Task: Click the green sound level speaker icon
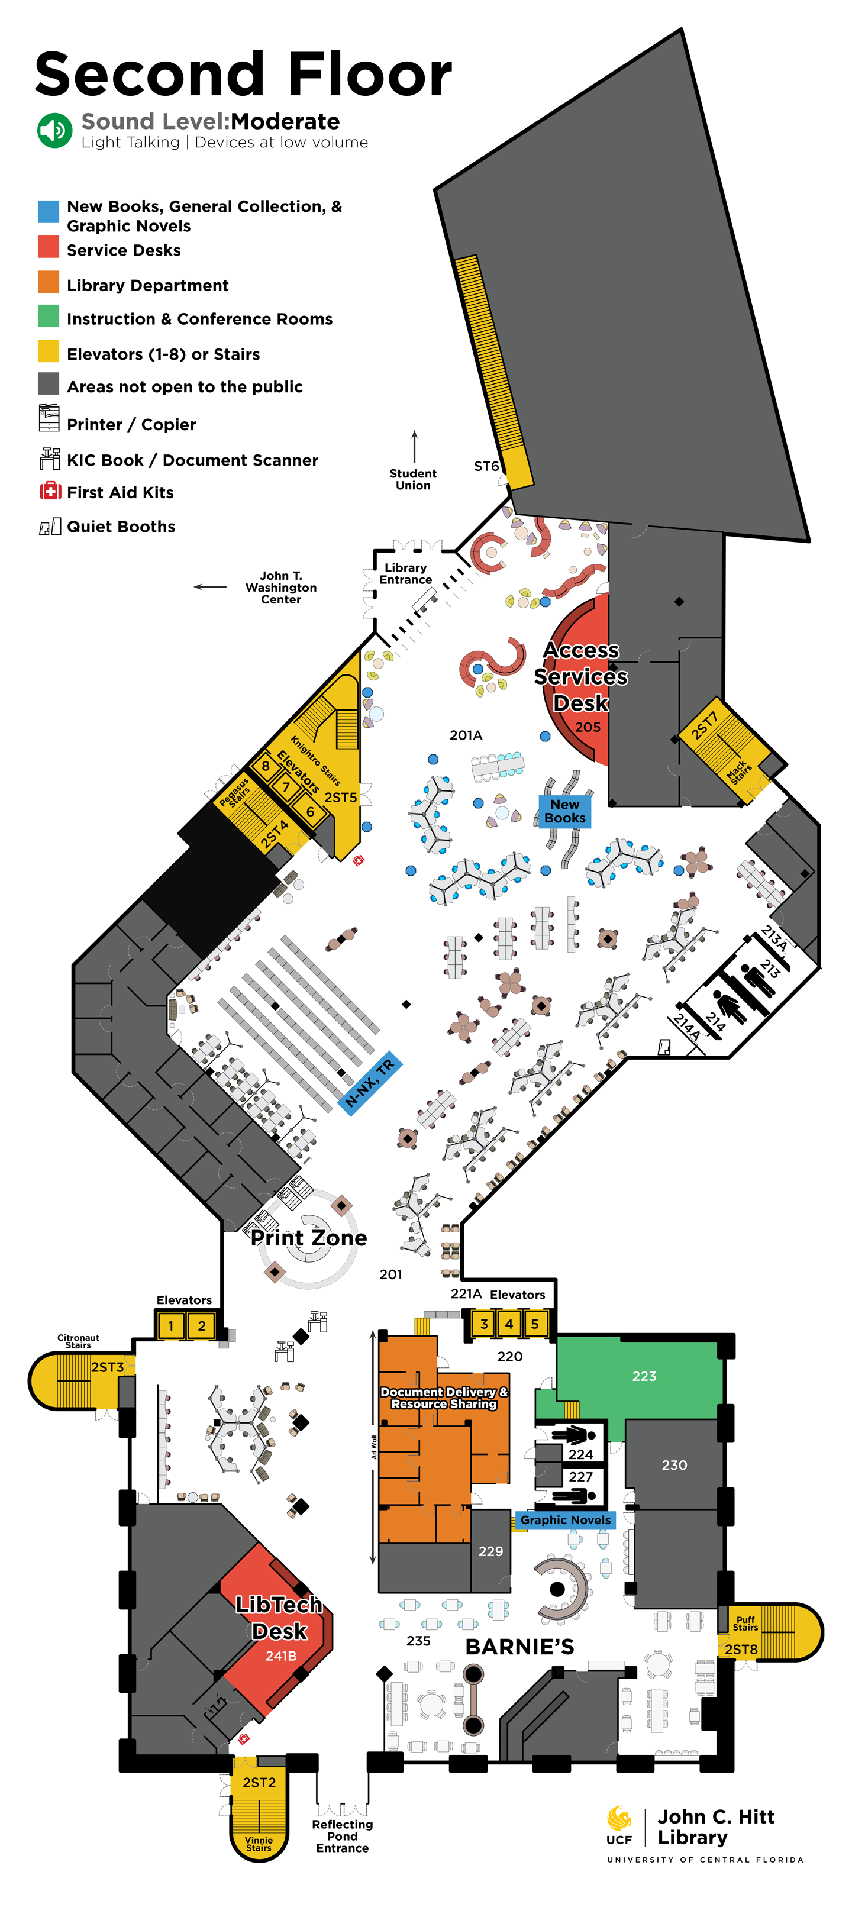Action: point(54,130)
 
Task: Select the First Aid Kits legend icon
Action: point(50,491)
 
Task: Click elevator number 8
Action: point(266,766)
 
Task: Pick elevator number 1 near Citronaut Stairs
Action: point(171,1325)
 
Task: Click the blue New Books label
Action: point(565,811)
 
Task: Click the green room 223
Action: point(644,1376)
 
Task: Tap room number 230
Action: point(674,1464)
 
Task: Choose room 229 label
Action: point(490,1551)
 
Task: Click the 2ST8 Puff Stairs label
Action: point(741,1649)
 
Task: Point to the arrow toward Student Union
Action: point(415,446)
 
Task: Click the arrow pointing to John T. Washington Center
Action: point(210,586)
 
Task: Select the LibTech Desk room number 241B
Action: point(280,1656)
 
